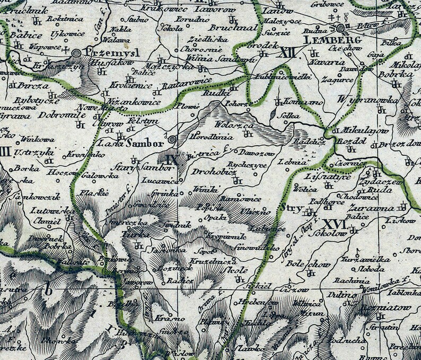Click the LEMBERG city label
click(x=325, y=40)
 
